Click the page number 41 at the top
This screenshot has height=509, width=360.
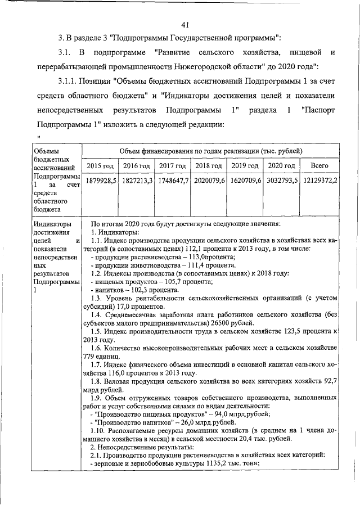coord(187,24)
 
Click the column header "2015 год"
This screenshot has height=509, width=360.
coord(100,166)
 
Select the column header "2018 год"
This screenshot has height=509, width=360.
coord(209,166)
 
